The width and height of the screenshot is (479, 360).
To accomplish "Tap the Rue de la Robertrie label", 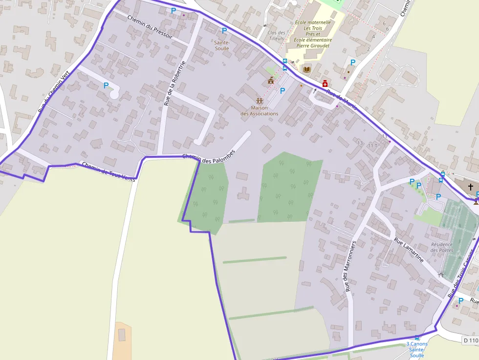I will click(175, 84).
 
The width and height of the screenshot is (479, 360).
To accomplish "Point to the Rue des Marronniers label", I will click(350, 266).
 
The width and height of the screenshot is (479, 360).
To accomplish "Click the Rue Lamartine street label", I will click(409, 250).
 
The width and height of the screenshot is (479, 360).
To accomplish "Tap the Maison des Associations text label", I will click(260, 111).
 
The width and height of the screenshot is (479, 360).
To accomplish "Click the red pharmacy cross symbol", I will click(325, 84).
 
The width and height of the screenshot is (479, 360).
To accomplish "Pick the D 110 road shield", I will click(470, 340).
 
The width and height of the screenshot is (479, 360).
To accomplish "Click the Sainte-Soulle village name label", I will click(221, 45).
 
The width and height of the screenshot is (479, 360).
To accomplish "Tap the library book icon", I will click(307, 70).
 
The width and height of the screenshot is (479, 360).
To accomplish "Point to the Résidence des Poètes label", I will click(442, 247).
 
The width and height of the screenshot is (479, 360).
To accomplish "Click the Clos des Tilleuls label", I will click(276, 36).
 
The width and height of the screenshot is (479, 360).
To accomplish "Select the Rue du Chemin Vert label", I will click(54, 92).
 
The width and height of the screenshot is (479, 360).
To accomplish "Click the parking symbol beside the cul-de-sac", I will click(106, 85).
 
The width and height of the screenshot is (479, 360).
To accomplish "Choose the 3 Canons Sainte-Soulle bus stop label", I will click(417, 349).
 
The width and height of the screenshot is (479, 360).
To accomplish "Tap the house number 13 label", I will click(360, 143).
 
